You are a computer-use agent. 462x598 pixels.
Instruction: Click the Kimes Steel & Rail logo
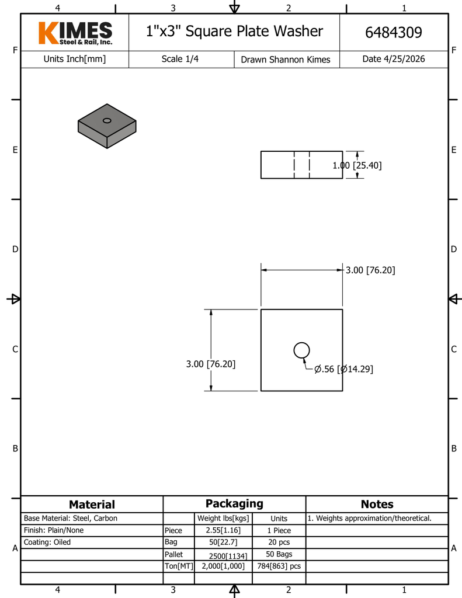(x=75, y=33)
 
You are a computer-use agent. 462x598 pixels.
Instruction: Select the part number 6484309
(x=393, y=33)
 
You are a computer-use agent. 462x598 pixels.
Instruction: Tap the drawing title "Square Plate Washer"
(x=254, y=32)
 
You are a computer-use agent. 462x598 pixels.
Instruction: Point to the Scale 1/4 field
(x=180, y=59)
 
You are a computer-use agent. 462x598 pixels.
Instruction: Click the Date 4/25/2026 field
(x=393, y=59)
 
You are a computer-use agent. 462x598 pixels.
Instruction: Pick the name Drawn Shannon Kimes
(x=286, y=60)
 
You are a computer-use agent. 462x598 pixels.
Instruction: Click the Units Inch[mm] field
(x=74, y=59)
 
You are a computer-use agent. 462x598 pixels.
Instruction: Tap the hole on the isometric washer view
(x=107, y=120)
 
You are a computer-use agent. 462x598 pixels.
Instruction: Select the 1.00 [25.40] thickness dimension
(x=357, y=165)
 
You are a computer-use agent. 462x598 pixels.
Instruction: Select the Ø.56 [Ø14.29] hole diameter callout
(x=343, y=369)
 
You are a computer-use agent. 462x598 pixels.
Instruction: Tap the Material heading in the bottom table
(x=92, y=504)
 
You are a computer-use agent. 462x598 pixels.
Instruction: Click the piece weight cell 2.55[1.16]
(x=223, y=530)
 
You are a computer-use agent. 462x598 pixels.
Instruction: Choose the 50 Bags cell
(x=279, y=554)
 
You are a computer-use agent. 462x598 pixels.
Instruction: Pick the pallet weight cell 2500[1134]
(x=228, y=556)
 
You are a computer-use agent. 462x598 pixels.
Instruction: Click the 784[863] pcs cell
(x=279, y=566)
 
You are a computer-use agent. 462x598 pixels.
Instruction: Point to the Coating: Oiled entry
(x=47, y=542)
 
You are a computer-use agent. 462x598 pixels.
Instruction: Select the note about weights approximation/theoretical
(x=369, y=519)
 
